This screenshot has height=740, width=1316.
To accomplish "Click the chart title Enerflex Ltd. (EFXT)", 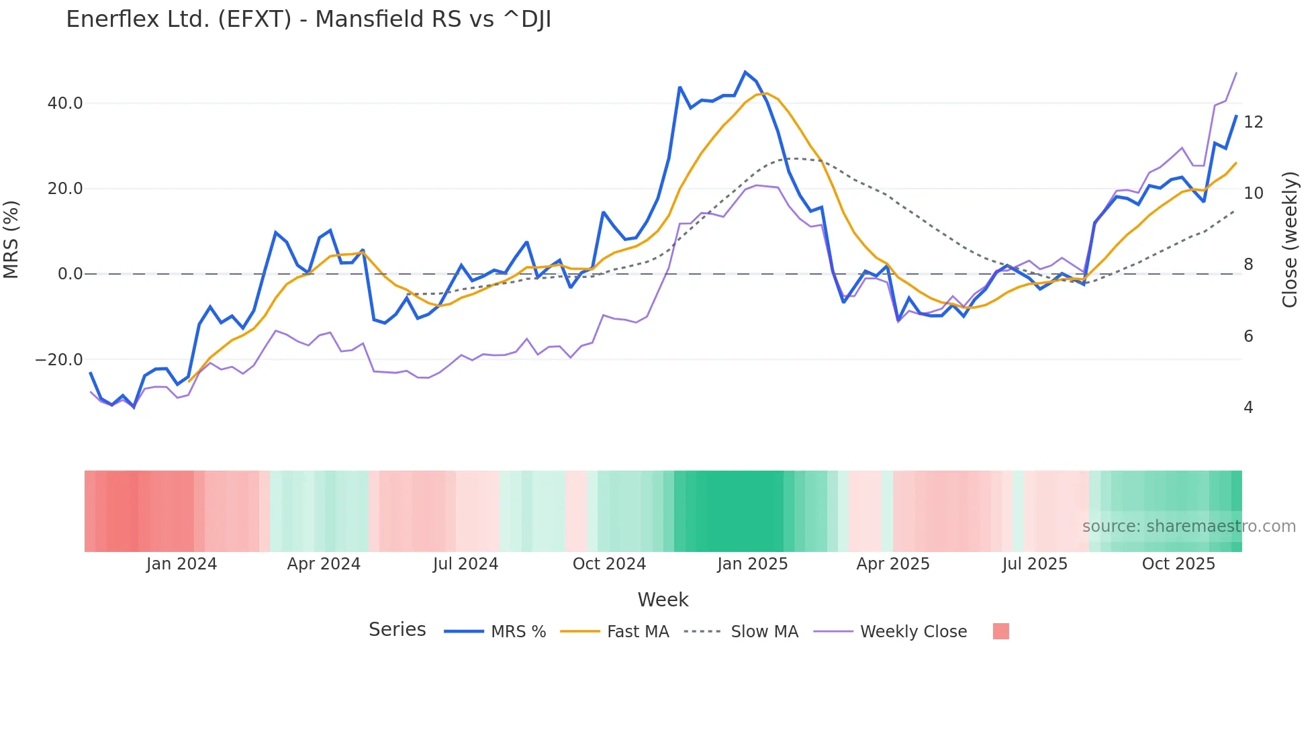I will [308, 19].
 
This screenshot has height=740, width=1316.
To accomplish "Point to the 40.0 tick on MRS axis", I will [65, 103].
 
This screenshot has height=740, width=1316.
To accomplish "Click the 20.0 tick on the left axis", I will [65, 189].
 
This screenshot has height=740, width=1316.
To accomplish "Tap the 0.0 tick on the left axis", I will [70, 274].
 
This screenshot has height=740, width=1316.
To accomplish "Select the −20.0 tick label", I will [59, 360].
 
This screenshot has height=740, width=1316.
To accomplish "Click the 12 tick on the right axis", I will [1253, 122].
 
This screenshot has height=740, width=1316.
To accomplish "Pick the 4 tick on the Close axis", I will [1248, 408].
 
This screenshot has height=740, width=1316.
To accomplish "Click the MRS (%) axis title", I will [11, 239].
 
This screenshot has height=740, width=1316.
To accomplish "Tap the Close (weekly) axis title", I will [1289, 239].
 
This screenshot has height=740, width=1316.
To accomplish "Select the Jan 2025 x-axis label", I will [752, 564].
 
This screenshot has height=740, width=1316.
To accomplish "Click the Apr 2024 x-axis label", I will [324, 564].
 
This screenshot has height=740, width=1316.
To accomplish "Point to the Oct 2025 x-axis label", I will [1178, 564].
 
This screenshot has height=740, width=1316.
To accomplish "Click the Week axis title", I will [663, 600].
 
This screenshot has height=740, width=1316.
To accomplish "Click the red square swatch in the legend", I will [1000, 631].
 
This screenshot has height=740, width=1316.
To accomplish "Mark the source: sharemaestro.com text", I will [1188, 526].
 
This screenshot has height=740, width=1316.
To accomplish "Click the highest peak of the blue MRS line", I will [745, 72].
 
